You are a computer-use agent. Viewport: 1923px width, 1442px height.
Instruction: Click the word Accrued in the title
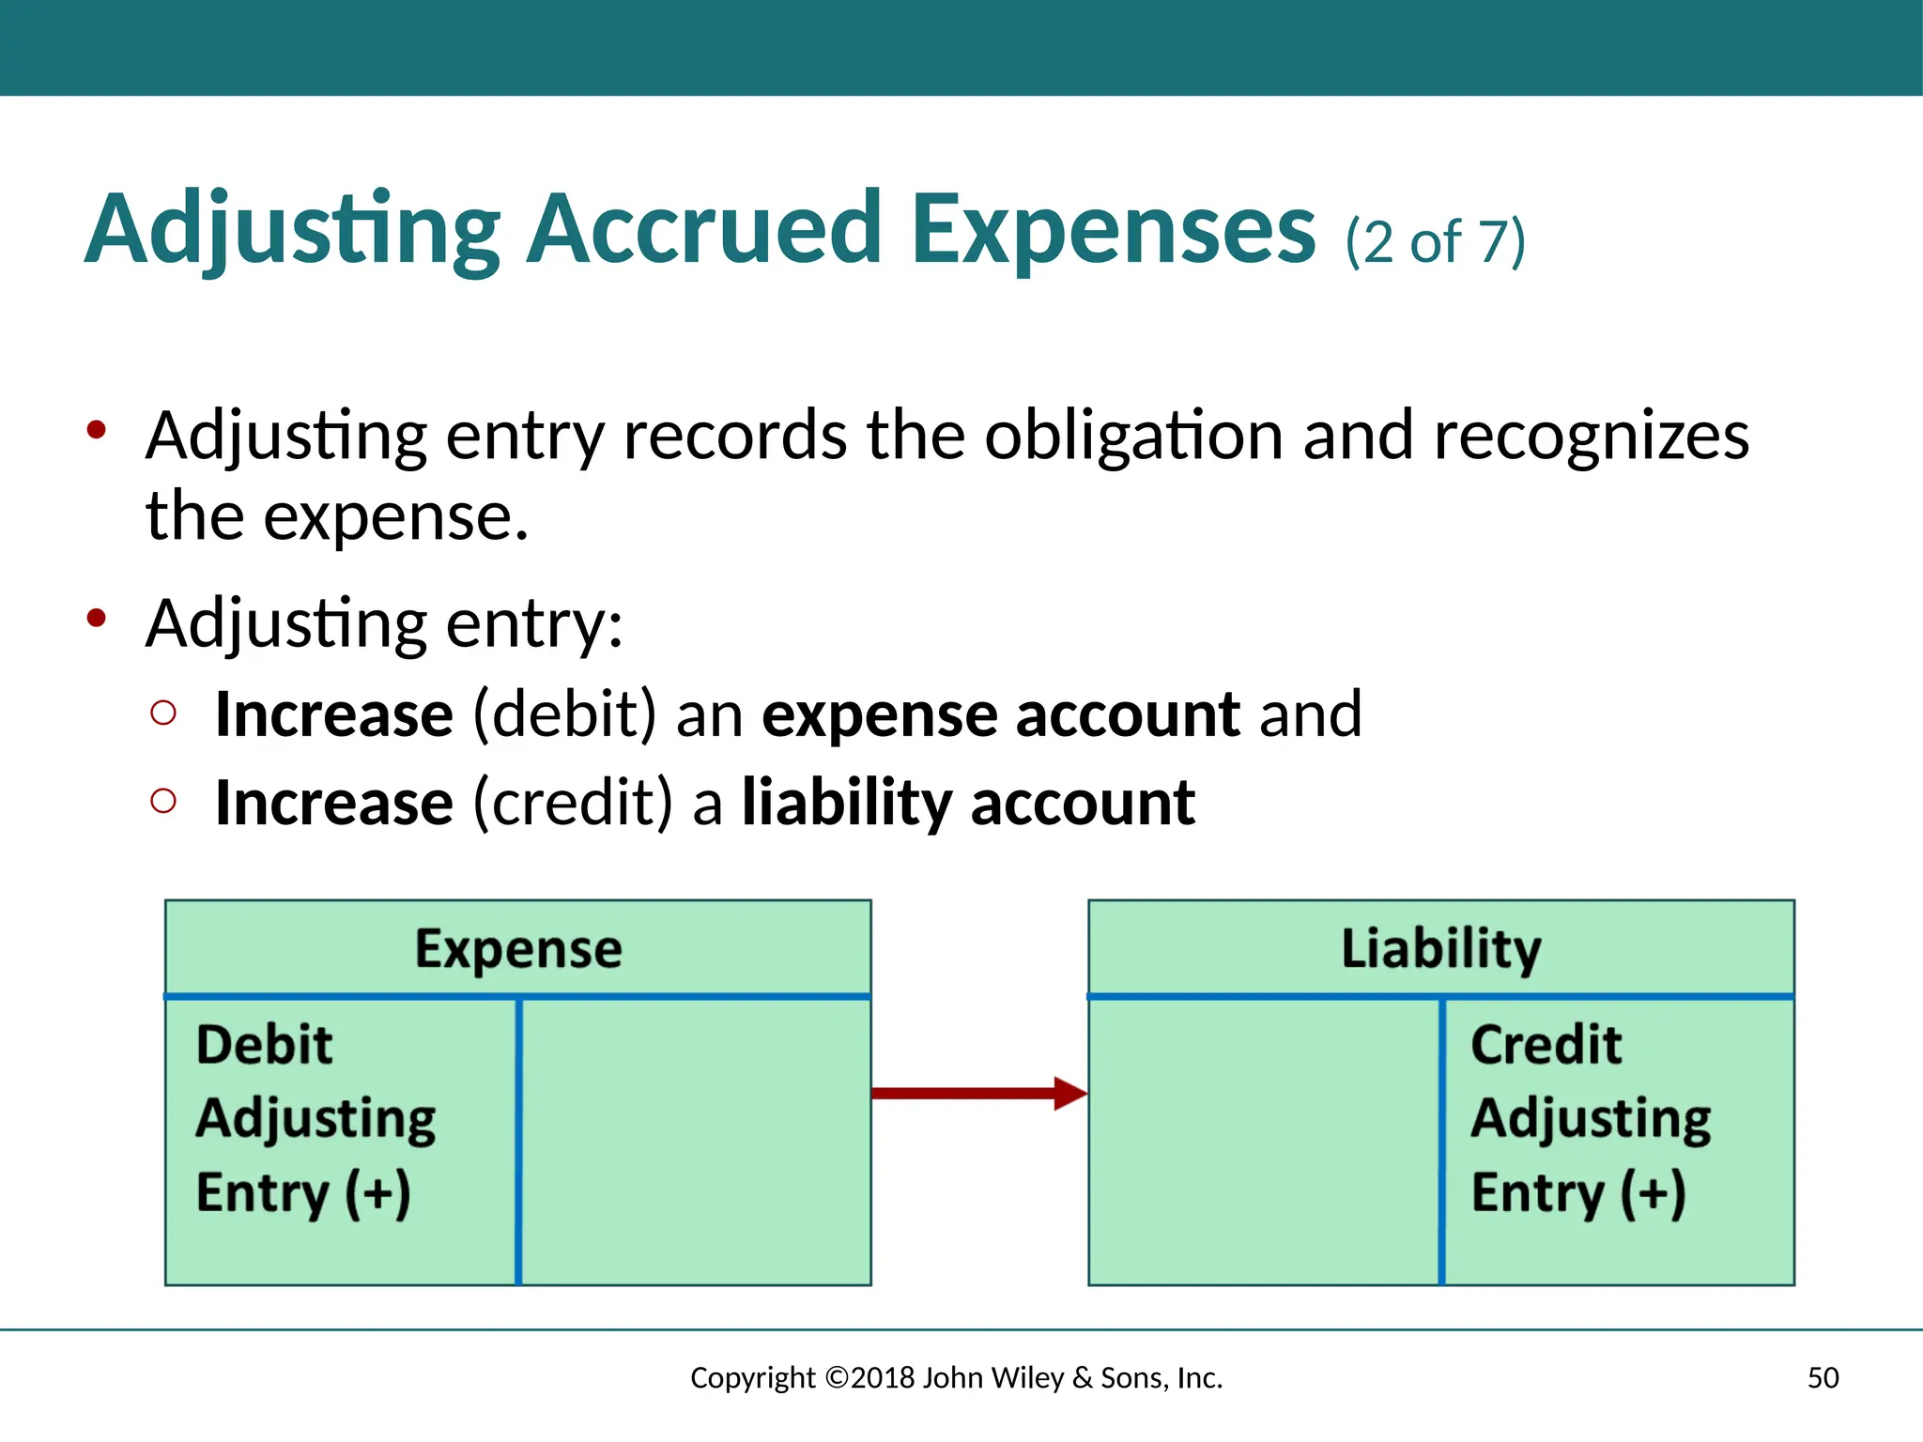pyautogui.click(x=704, y=229)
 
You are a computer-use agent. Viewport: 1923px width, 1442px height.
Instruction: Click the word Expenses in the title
pyautogui.click(x=1114, y=231)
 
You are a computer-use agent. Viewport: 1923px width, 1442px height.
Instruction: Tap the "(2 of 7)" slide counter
pyautogui.click(x=1435, y=242)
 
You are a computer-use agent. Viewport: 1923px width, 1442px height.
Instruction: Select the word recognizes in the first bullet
pyautogui.click(x=1591, y=437)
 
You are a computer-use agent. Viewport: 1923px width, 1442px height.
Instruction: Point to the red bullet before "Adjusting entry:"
pyautogui.click(x=96, y=619)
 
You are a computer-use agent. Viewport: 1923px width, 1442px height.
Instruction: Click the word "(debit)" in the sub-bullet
pyautogui.click(x=564, y=715)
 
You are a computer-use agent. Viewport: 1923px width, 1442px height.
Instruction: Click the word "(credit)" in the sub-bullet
pyautogui.click(x=573, y=804)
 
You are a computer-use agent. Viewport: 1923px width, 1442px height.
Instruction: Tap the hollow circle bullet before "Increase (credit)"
pyautogui.click(x=163, y=801)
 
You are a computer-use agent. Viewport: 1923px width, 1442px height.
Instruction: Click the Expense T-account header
pyautogui.click(x=518, y=948)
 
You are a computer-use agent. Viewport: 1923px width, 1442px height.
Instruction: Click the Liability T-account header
pyautogui.click(x=1440, y=948)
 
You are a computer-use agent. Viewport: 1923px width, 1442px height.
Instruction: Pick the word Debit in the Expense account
pyautogui.click(x=264, y=1045)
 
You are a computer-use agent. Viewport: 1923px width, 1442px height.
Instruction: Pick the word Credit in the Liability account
pyautogui.click(x=1546, y=1045)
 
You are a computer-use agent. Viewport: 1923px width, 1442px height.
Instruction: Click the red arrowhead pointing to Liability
pyautogui.click(x=1069, y=1093)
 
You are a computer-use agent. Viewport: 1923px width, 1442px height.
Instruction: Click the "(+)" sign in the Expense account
pyautogui.click(x=377, y=1193)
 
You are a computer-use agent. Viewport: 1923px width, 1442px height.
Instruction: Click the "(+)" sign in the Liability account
pyautogui.click(x=1653, y=1193)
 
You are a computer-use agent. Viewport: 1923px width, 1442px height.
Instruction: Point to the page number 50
pyautogui.click(x=1823, y=1378)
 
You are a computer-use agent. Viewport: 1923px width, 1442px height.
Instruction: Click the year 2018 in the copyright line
pyautogui.click(x=883, y=1378)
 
